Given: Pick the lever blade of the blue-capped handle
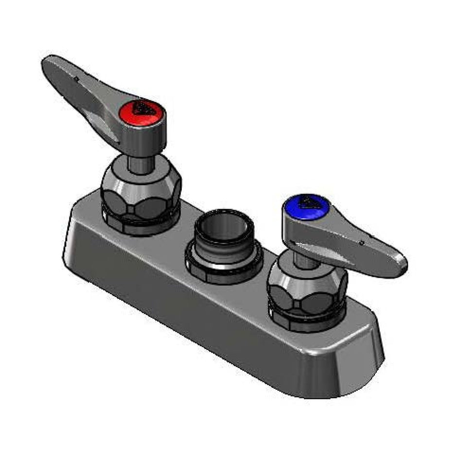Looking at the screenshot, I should pyautogui.click(x=360, y=243).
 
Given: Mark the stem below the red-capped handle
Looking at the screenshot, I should pyautogui.click(x=140, y=163).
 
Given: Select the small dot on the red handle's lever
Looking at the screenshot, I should pyautogui.click(x=77, y=77).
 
